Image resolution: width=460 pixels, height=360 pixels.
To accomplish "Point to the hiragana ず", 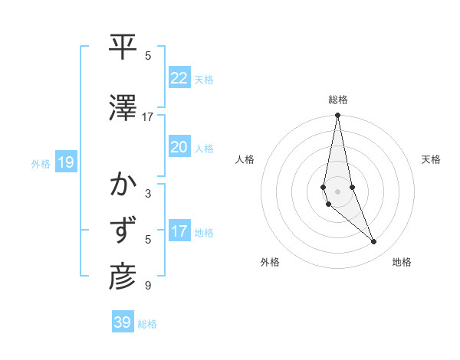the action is click(x=123, y=231).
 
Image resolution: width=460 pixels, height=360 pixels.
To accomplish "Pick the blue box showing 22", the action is click(x=179, y=78).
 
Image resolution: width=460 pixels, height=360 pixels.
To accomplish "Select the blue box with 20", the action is click(x=179, y=147).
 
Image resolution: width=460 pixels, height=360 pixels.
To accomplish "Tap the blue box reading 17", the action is click(x=179, y=231).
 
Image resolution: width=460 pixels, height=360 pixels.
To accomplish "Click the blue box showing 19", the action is click(x=65, y=162).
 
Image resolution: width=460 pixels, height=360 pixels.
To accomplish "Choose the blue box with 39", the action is click(x=123, y=322).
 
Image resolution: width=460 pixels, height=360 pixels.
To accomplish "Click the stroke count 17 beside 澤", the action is click(x=147, y=117).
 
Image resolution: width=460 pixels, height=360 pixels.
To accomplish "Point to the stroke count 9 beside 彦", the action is click(x=147, y=286).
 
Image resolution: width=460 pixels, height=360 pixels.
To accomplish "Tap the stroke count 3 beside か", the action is click(x=147, y=194).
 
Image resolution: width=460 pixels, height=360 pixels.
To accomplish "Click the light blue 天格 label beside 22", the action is click(x=204, y=80).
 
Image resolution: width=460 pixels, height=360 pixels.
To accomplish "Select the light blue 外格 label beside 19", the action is click(x=41, y=163).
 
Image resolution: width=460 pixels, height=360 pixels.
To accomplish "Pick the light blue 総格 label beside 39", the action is click(x=147, y=324).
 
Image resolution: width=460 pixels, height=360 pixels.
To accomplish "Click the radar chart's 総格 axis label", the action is click(x=338, y=100).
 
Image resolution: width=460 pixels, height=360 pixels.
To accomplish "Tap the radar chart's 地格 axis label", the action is click(x=402, y=262).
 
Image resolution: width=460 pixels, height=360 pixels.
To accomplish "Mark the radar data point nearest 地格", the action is click(x=374, y=242).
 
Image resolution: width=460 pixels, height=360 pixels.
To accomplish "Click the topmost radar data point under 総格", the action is click(x=337, y=116).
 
